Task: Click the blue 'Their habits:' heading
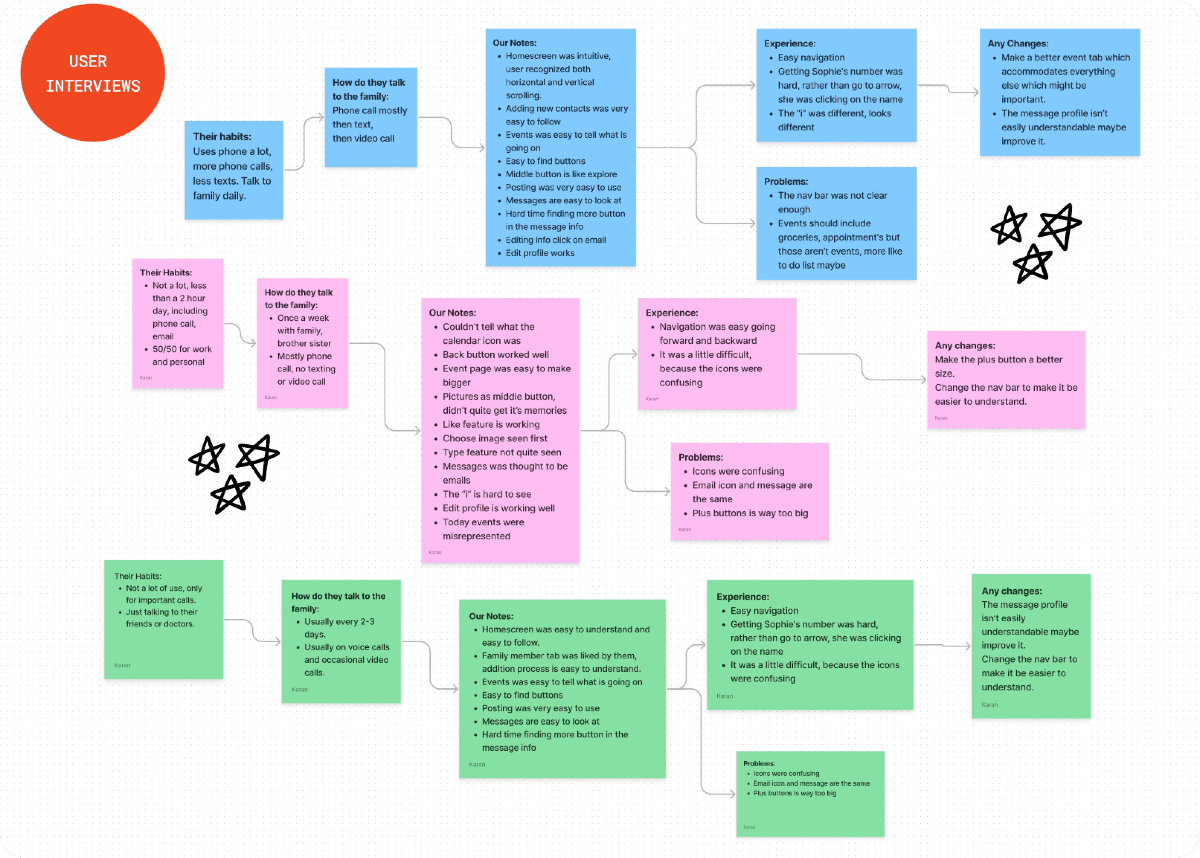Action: pyautogui.click(x=222, y=137)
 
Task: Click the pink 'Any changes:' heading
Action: pyautogui.click(x=965, y=346)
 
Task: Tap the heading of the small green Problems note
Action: pyautogui.click(x=759, y=764)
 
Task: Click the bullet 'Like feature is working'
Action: pyautogui.click(x=491, y=424)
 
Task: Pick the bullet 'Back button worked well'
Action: pyautogui.click(x=496, y=354)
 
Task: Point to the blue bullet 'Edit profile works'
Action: pyautogui.click(x=540, y=253)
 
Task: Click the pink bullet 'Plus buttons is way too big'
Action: pyautogui.click(x=750, y=513)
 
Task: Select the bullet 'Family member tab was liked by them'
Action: pyautogui.click(x=559, y=656)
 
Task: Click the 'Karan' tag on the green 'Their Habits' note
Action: pyautogui.click(x=122, y=665)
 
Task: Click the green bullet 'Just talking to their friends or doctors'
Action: pyautogui.click(x=161, y=618)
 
